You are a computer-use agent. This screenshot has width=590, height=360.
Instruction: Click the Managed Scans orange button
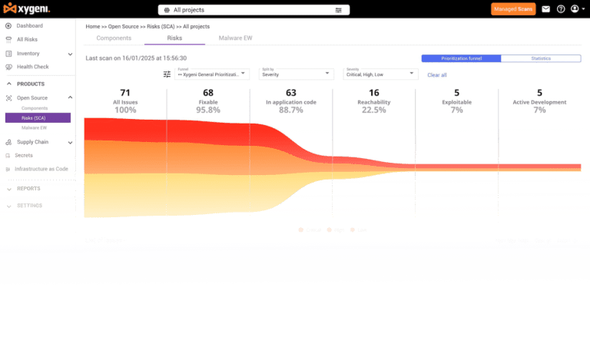point(513,9)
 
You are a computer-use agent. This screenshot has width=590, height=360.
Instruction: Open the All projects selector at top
point(254,10)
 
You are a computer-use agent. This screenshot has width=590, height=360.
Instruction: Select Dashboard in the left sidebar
point(29,25)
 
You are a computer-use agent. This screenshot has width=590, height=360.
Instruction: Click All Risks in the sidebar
point(27,39)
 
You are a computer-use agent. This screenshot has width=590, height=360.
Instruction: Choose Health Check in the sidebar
point(32,67)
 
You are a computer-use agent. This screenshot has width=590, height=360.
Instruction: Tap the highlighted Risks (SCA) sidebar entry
point(38,117)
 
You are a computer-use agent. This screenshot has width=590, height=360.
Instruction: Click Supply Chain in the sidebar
point(32,142)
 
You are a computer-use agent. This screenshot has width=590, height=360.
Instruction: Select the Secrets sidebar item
point(24,155)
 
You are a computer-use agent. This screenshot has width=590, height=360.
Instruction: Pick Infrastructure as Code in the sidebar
point(42,169)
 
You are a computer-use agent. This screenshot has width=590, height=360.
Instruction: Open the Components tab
point(114,38)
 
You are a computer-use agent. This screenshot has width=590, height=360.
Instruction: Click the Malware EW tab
point(235,38)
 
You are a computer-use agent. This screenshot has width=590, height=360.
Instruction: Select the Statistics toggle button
point(541,58)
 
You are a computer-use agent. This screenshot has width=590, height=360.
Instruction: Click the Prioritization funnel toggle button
point(461,58)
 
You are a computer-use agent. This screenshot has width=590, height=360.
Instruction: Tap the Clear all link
point(437,74)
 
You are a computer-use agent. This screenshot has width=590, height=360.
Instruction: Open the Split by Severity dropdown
point(295,74)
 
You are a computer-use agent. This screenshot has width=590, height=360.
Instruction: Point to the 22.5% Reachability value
point(373,110)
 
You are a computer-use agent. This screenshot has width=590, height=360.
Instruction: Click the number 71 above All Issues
point(125,93)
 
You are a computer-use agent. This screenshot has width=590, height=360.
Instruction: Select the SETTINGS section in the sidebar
point(29,206)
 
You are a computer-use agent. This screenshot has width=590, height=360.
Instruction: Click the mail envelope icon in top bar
point(545,9)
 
